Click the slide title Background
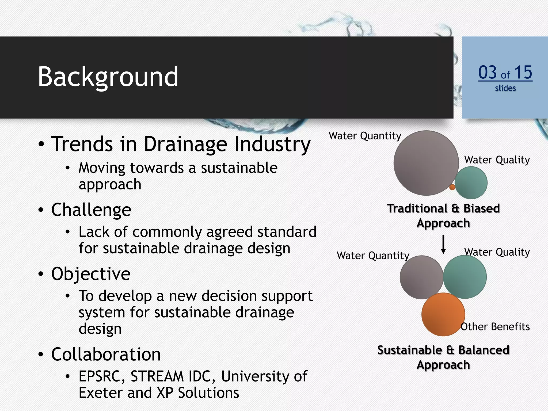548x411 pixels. (x=108, y=77)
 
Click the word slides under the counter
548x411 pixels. (x=505, y=88)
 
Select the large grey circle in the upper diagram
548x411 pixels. (x=426, y=163)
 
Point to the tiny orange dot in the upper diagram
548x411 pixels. (x=452, y=187)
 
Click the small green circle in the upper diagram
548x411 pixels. (x=471, y=183)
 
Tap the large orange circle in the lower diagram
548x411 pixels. (x=443, y=314)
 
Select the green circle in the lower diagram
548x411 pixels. (x=465, y=277)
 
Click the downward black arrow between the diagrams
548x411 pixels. (x=443, y=244)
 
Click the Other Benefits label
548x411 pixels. (x=495, y=327)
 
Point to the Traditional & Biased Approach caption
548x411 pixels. (x=443, y=216)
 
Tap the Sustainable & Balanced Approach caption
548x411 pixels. (x=443, y=357)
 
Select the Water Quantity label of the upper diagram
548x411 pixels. (x=365, y=136)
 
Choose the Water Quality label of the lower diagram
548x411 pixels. (x=497, y=252)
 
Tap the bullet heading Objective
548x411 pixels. (x=91, y=274)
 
